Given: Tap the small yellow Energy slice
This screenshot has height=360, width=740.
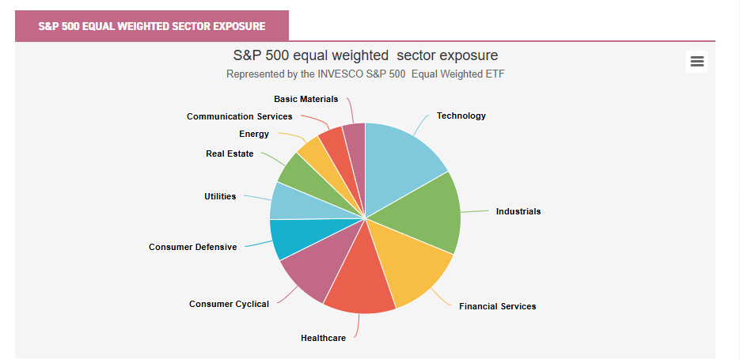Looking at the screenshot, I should point(315,155).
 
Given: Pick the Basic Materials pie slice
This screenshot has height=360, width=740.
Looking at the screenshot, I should point(355,141).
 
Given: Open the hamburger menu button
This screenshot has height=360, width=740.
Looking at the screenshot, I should point(697,61).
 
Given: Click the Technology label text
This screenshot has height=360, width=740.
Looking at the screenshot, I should point(461,116).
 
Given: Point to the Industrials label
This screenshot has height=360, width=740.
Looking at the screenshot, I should point(518,211).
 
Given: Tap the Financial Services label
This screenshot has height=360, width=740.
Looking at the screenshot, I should point(497,306).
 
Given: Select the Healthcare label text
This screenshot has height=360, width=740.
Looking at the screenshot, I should point(323,338).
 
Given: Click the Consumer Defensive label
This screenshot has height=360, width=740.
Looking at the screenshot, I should point(192,247).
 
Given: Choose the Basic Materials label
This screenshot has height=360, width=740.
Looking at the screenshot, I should point(305,99).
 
